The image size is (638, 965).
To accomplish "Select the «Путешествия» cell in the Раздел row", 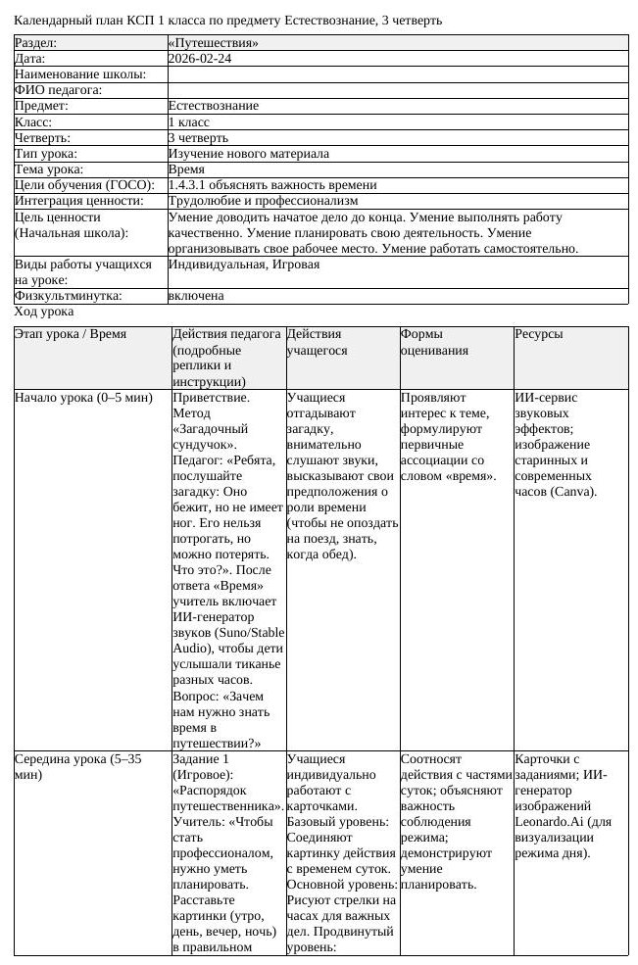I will pos(214,43).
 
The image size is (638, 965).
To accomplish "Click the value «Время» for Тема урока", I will pos(187,169).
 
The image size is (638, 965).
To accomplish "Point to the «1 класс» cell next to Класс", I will pos(190,122).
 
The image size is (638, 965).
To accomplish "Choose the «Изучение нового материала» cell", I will pos(249,154).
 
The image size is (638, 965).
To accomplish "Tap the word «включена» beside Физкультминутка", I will pos(196,295).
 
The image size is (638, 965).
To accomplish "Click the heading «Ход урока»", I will pos(43,312).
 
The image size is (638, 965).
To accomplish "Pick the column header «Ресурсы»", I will pos(538,334).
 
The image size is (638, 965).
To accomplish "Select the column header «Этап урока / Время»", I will pos(70,334).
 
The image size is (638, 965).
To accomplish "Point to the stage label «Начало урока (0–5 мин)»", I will pos(84,398).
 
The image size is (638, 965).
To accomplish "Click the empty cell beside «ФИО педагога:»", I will pos(397,90).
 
